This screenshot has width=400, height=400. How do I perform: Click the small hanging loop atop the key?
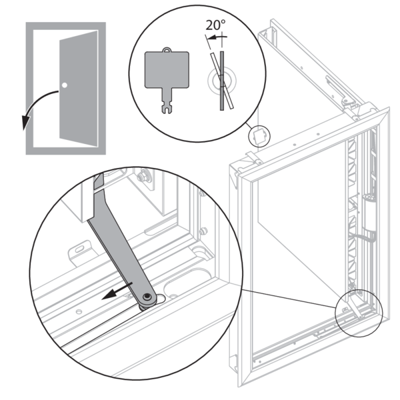[x=163, y=48]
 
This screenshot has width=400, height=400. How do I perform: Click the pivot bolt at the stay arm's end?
[x=146, y=297]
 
